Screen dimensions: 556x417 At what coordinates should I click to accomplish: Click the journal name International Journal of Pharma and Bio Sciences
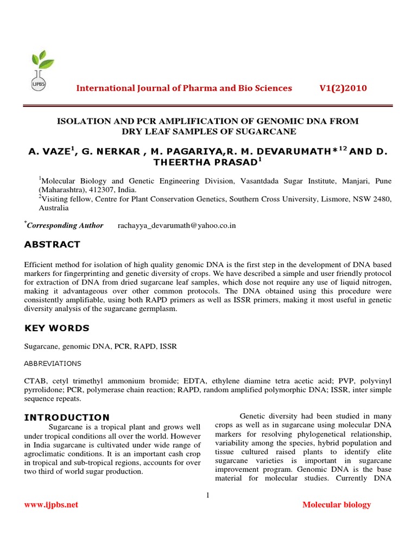(x=184, y=89)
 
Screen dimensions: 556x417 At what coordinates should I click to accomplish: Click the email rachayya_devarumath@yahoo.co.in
(x=176, y=225)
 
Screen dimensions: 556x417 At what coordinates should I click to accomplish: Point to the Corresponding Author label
(x=65, y=225)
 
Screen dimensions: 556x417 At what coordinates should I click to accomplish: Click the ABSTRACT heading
(x=52, y=245)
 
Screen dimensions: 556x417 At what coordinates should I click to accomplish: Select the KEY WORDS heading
(x=56, y=328)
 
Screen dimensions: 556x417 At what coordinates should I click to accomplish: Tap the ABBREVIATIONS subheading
(x=53, y=363)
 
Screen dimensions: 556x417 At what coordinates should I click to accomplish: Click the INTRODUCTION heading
(x=67, y=417)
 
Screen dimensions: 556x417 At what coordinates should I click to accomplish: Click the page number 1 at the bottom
(x=208, y=495)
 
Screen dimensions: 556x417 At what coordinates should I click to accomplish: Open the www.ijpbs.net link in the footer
(x=51, y=505)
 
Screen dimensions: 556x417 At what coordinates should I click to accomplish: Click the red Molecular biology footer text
(x=336, y=505)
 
